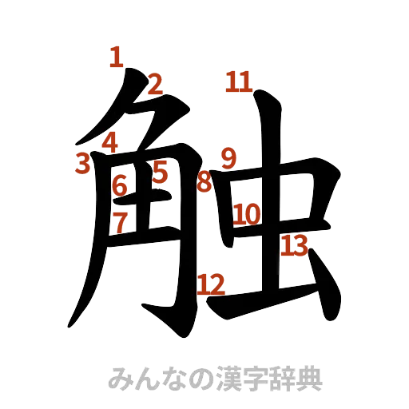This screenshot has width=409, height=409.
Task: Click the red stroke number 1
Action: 117,58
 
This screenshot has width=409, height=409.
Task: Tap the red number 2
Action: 155,83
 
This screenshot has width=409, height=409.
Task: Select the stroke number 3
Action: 81,163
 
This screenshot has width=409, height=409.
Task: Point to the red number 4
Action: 110,142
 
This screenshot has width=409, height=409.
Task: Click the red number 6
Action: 120,187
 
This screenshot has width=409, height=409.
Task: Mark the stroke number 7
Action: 119,222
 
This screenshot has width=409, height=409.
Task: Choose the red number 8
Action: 204,182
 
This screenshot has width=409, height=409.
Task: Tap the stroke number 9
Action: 228,158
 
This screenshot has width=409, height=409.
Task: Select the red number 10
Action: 248,214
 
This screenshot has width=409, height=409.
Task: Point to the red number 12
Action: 212,283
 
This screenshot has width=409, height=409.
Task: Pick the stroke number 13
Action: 294,245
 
